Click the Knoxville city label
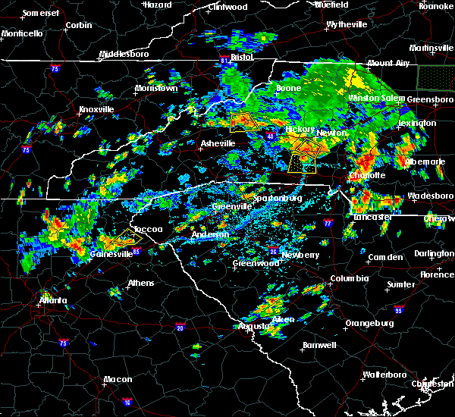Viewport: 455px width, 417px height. (x=96, y=109)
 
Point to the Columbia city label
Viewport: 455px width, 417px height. (x=350, y=278)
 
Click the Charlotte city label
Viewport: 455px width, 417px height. (x=368, y=175)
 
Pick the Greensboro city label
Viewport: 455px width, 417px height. (x=431, y=99)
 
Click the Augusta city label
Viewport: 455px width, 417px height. (x=254, y=326)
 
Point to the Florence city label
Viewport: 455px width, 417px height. (x=437, y=274)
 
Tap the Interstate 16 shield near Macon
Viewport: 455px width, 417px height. (x=127, y=402)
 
